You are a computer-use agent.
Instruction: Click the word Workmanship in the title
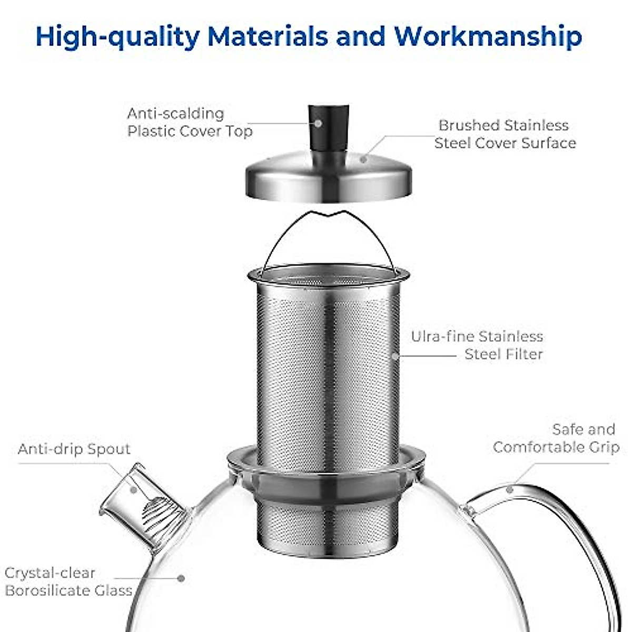488,36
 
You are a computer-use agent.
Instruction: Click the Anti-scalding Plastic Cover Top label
190,122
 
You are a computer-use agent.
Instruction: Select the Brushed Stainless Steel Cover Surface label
505,134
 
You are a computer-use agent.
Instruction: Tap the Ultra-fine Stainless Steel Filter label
477,345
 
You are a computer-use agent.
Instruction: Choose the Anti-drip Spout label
74,449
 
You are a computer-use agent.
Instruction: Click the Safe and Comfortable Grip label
556,438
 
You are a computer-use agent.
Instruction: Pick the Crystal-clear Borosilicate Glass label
68,581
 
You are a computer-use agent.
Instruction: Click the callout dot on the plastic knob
318,123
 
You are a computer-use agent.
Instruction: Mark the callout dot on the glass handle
509,489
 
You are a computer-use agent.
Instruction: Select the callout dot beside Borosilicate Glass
181,578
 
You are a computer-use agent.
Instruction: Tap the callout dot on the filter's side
395,356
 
